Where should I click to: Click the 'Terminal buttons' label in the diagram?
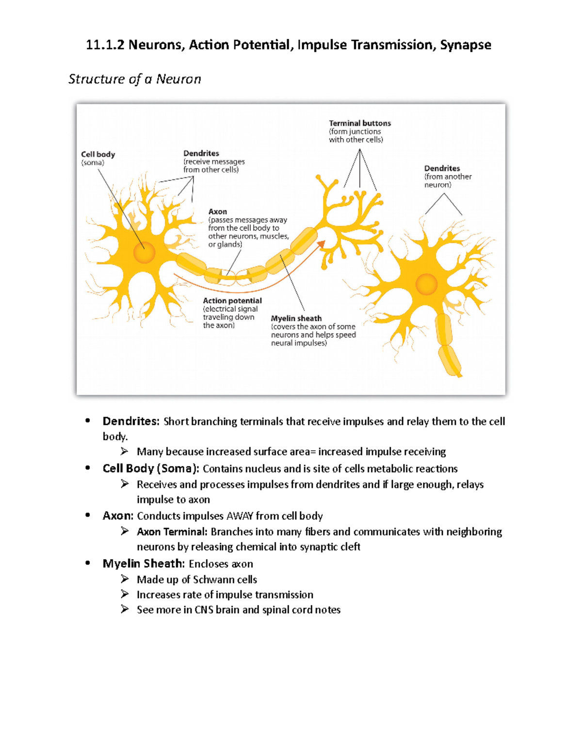click(359, 123)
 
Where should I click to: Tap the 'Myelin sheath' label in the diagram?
click(296, 318)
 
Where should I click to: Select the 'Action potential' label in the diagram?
click(232, 301)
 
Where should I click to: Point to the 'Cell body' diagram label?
click(98, 154)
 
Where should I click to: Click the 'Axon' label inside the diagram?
click(217, 211)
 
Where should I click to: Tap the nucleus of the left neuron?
click(144, 252)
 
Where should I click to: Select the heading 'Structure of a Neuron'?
click(134, 79)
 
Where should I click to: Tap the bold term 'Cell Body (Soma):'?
click(151, 468)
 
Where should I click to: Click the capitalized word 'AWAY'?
click(240, 516)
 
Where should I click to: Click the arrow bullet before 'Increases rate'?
click(125, 594)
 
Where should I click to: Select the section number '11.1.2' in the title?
click(105, 45)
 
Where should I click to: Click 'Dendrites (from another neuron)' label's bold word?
click(442, 168)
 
